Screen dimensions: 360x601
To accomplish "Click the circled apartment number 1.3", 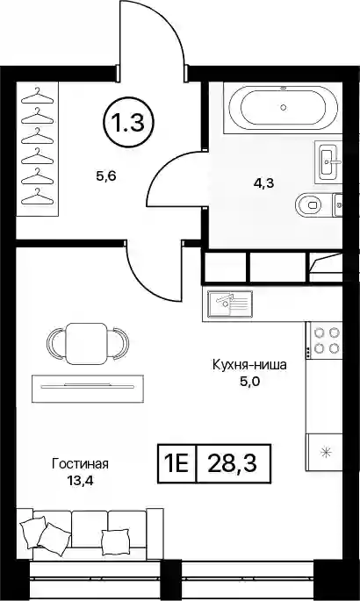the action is [x=128, y=123].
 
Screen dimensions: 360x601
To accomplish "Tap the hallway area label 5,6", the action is [x=106, y=176].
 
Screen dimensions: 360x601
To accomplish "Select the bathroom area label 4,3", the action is [x=263, y=183].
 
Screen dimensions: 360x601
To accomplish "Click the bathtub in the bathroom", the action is [x=284, y=108].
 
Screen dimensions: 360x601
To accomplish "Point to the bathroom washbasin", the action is [x=329, y=161].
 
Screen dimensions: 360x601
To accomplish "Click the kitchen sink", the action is [x=230, y=304].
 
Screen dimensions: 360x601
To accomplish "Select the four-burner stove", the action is [x=324, y=340].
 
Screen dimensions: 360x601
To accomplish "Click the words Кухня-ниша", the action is [x=249, y=365].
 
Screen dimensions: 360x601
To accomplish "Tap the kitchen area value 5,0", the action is [x=249, y=382].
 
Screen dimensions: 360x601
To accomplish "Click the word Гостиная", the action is [x=81, y=464].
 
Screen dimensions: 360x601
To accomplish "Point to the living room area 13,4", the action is [x=81, y=480].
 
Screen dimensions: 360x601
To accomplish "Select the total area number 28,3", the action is [x=233, y=464].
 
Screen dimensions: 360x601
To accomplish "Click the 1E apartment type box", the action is [x=177, y=464].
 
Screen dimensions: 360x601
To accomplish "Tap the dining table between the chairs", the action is [x=87, y=343].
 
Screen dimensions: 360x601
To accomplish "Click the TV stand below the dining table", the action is [x=88, y=389].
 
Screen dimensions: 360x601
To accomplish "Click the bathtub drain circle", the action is [x=284, y=108].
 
